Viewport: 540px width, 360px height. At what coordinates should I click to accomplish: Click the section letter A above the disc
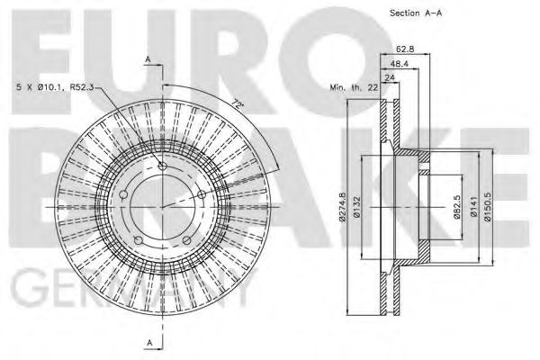coord(148,59)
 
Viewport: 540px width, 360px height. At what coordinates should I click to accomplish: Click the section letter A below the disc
coord(148,342)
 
